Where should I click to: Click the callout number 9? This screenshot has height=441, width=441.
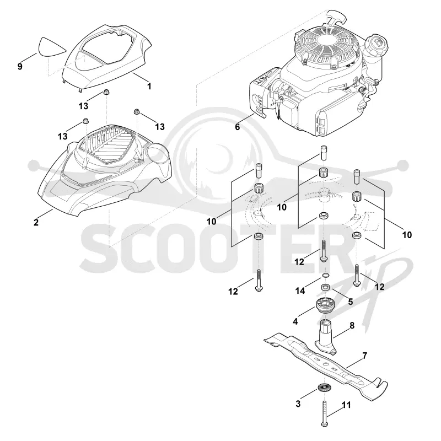[x=20, y=67]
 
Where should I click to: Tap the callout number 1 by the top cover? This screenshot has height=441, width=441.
[x=149, y=86]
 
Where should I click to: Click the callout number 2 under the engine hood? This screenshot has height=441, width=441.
[x=36, y=222]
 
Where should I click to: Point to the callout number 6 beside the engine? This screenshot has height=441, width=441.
[x=238, y=127]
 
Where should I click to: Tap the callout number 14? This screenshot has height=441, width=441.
[x=300, y=291]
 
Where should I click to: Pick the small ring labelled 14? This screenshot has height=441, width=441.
[x=325, y=275]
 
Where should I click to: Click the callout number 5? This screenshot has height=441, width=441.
[x=351, y=302]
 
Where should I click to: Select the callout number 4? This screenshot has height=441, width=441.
[x=295, y=321]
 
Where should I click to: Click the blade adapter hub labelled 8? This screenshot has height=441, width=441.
[x=325, y=336]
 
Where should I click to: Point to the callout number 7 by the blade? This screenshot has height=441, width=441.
[x=365, y=356]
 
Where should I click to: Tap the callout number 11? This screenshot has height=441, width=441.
[x=347, y=405]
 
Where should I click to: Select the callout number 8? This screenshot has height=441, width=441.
[x=352, y=325]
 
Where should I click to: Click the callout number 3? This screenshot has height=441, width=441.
[x=298, y=404]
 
